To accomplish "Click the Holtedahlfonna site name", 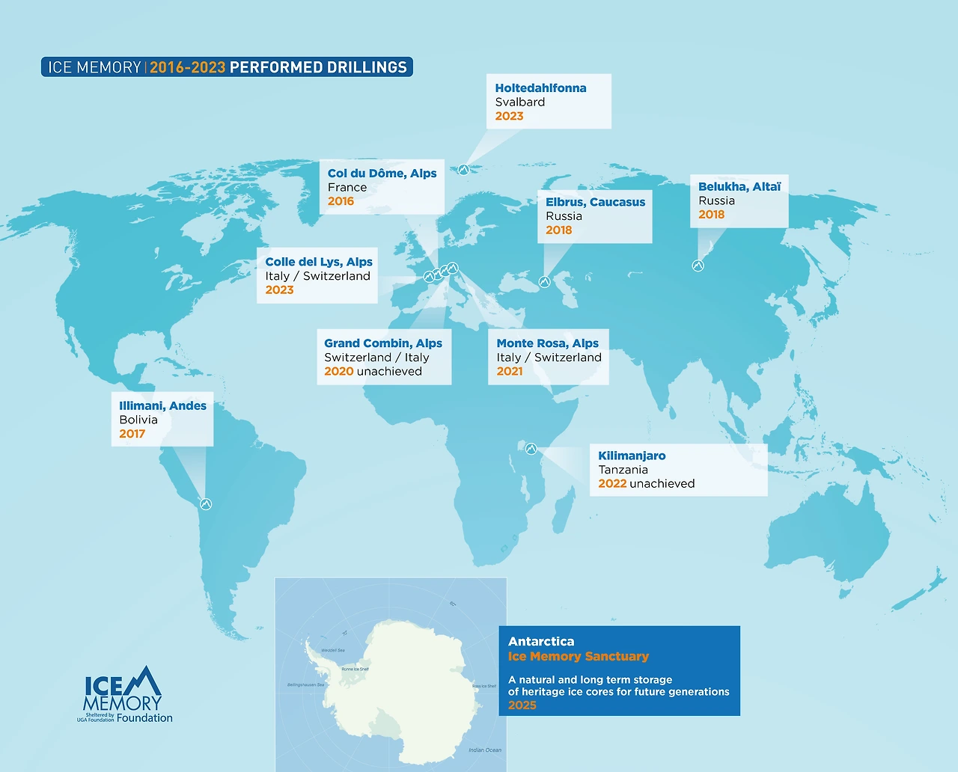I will (540, 88).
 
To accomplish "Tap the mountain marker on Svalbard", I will (463, 170).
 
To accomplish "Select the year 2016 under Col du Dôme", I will (341, 201).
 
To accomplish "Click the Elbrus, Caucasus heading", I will (595, 202).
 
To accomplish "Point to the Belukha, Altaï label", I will (739, 187).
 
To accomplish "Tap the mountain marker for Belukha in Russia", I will (698, 266).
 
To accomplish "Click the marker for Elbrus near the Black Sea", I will (545, 282).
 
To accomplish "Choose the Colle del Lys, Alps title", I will (319, 262).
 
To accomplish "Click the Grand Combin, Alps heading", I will (383, 343).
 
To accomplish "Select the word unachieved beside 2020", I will (389, 372).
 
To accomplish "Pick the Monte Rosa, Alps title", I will (548, 343).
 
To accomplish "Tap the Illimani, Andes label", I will (162, 406).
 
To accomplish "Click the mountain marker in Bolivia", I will (205, 504).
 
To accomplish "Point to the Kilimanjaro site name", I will (632, 456).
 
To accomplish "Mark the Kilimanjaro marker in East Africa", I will (531, 449).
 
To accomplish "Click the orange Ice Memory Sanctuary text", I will (579, 657).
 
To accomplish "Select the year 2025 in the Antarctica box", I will (522, 705).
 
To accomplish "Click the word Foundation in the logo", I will (144, 718).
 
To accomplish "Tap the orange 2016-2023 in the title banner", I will (188, 67).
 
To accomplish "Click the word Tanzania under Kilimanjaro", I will (623, 470).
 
